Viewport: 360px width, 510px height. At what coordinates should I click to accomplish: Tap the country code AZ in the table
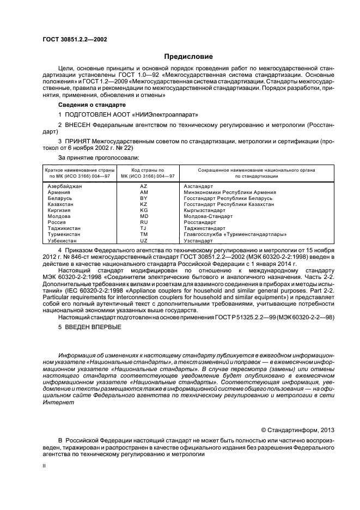pyautogui.click(x=144, y=186)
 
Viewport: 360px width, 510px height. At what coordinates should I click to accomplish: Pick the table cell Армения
pyautogui.click(x=59, y=192)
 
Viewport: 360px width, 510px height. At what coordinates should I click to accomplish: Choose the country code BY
pyautogui.click(x=144, y=198)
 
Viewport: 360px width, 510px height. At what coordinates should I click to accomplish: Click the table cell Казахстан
pyautogui.click(x=61, y=204)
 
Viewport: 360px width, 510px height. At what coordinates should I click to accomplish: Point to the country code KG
pyautogui.click(x=144, y=210)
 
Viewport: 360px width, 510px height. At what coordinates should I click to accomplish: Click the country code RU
pyautogui.click(x=144, y=222)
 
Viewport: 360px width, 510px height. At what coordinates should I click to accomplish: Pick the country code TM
pyautogui.click(x=144, y=234)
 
